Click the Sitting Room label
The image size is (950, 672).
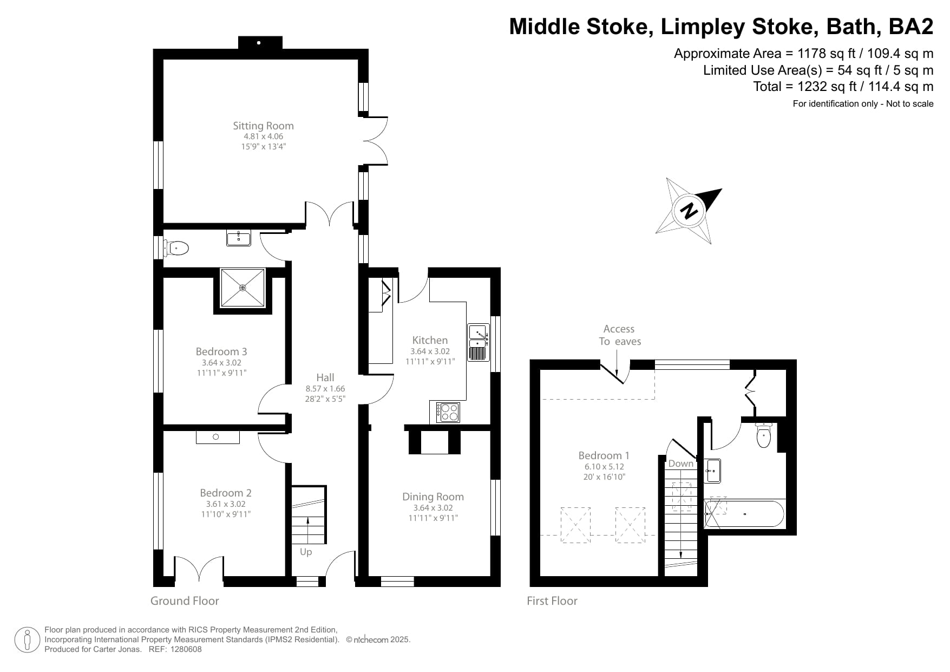pyautogui.click(x=263, y=126)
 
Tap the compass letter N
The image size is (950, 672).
pyautogui.click(x=690, y=211)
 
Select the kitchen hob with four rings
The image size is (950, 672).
pyautogui.click(x=448, y=412)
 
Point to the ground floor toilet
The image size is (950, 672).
pyautogui.click(x=178, y=249)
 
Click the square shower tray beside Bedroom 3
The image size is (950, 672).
pyautogui.click(x=243, y=288)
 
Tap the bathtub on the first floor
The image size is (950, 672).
pyautogui.click(x=744, y=514)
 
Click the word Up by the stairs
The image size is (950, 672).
pyautogui.click(x=306, y=552)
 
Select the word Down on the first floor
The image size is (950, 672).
pyautogui.click(x=680, y=464)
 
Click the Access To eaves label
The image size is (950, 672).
pyautogui.click(x=619, y=335)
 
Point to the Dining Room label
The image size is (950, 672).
pyautogui.click(x=433, y=497)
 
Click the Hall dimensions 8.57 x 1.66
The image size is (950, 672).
pyautogui.click(x=325, y=389)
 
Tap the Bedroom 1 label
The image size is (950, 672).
pyautogui.click(x=604, y=455)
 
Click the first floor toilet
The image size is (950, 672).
pyautogui.click(x=763, y=435)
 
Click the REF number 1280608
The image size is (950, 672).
pyautogui.click(x=186, y=649)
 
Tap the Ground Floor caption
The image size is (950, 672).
pyautogui.click(x=185, y=601)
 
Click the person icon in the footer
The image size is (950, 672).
pyautogui.click(x=28, y=640)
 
